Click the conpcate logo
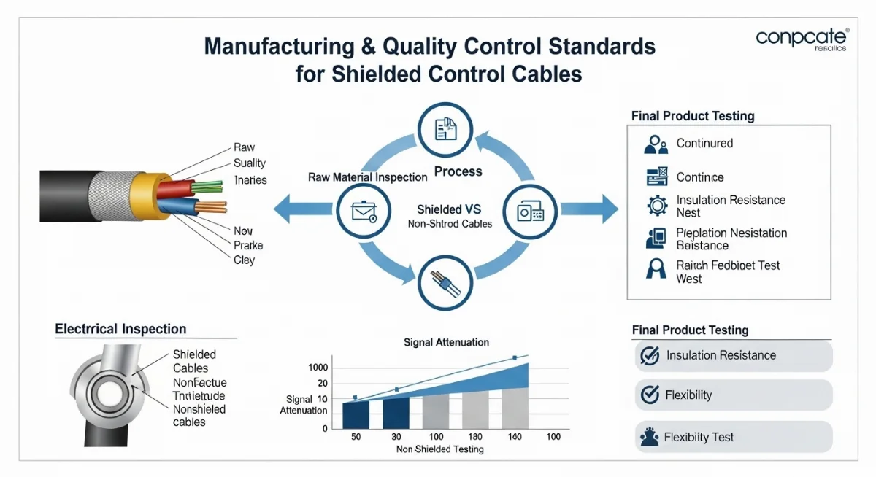[x=802, y=39]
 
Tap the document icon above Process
[x=445, y=129]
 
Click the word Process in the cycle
[x=458, y=172]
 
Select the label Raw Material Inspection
[x=367, y=177]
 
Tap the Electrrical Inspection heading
[x=120, y=329]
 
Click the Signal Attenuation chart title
[x=446, y=342]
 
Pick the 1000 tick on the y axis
[x=318, y=368]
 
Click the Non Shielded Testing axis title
[x=439, y=449]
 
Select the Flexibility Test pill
[x=733, y=437]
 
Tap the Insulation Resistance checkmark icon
[x=649, y=355]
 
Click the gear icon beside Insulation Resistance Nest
[x=657, y=206]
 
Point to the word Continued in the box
[x=704, y=143]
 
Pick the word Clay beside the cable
[x=245, y=260]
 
